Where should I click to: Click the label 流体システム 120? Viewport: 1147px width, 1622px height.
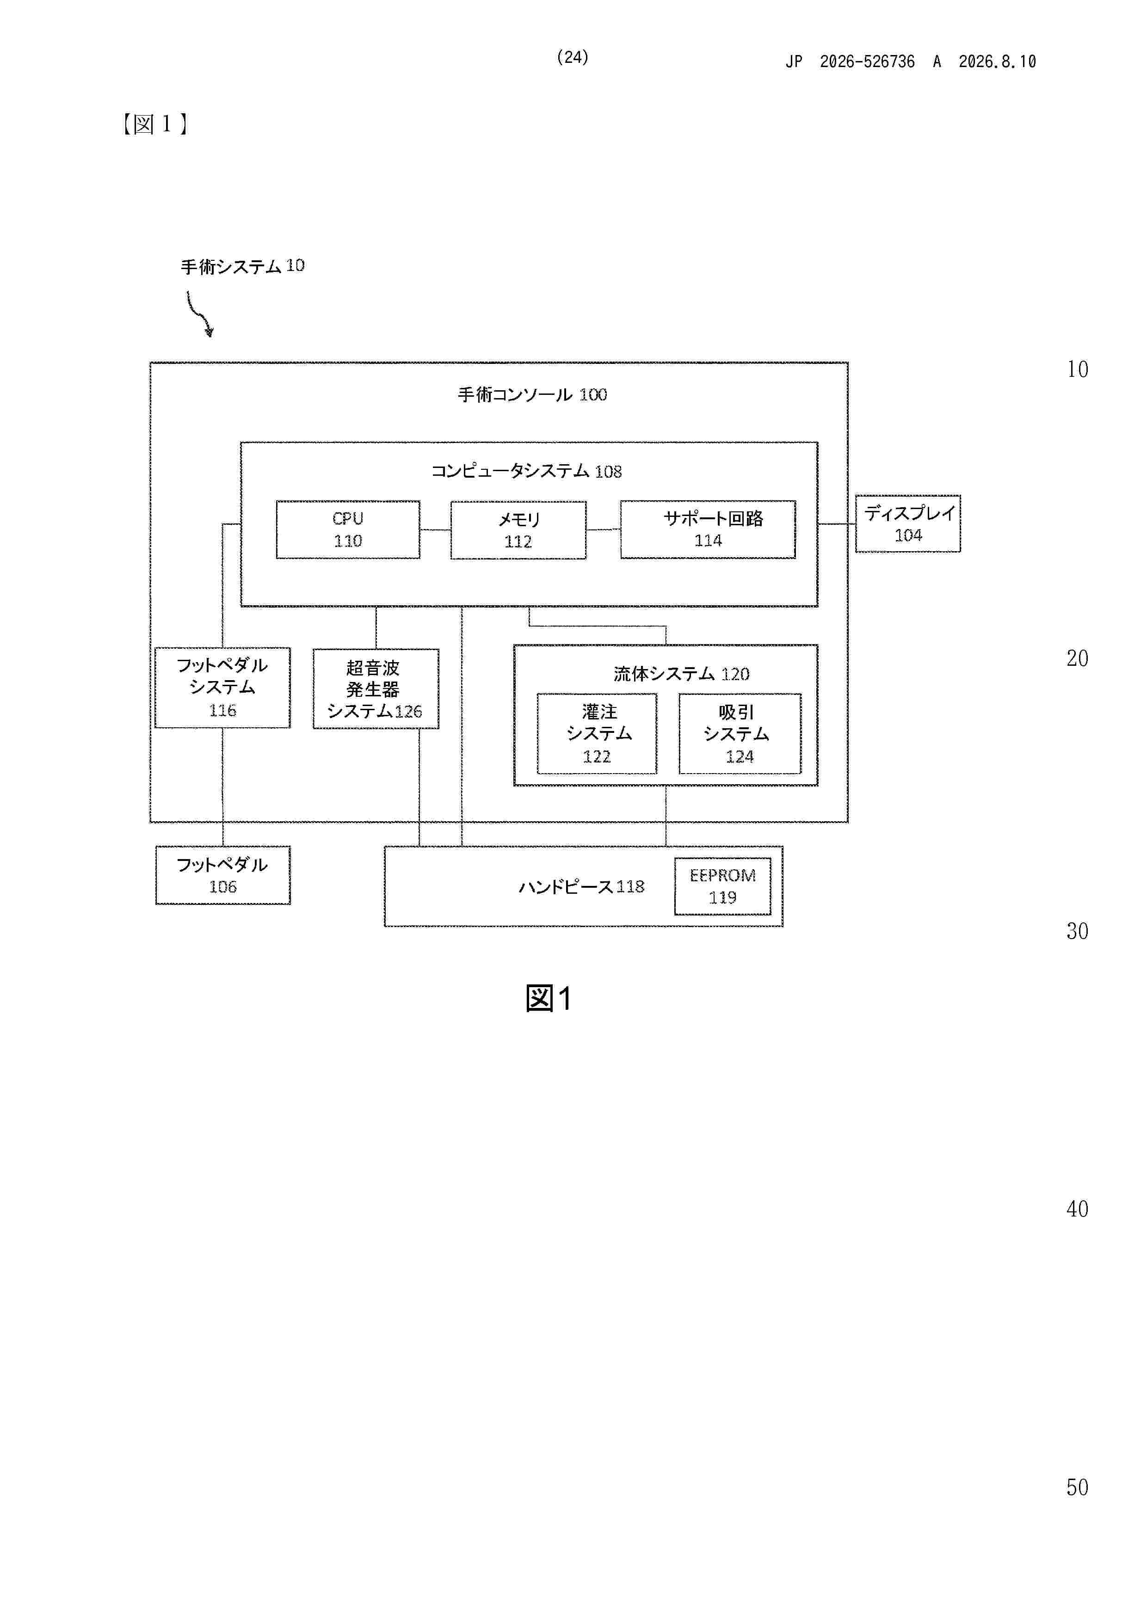(681, 674)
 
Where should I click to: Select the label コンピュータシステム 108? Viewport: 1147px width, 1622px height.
(526, 471)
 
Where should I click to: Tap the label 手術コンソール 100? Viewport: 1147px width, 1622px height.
(532, 394)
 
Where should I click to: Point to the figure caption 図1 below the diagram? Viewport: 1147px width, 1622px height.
(549, 998)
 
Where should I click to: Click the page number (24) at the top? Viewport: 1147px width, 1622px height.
(573, 57)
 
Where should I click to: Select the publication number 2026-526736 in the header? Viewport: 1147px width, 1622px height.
(867, 61)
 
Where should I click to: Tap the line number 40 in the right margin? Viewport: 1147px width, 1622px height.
(1077, 1209)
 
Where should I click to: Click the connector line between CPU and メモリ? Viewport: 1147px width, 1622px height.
(435, 530)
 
